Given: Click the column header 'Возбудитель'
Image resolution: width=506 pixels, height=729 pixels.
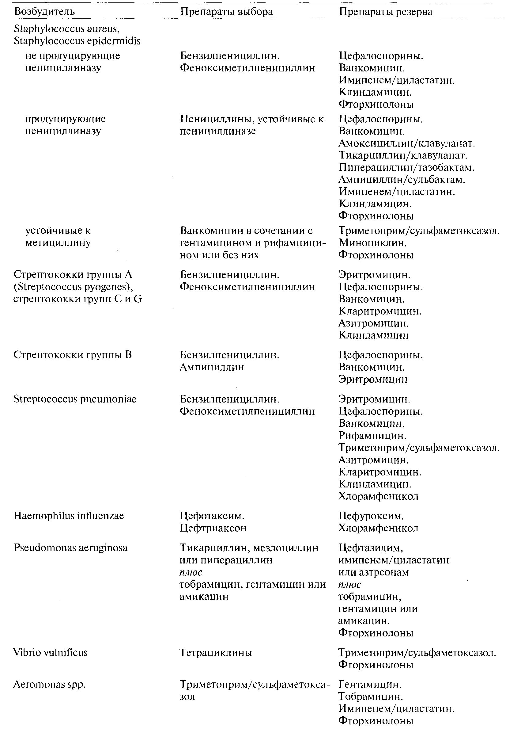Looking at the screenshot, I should [x=44, y=12].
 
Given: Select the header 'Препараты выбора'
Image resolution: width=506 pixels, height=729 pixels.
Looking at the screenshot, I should [x=226, y=12].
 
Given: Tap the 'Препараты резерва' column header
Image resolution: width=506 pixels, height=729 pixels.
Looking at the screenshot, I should [x=385, y=12].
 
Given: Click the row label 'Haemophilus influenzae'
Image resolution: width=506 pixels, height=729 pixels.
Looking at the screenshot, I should [x=69, y=516].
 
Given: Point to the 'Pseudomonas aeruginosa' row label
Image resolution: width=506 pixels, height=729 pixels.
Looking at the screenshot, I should [x=70, y=548].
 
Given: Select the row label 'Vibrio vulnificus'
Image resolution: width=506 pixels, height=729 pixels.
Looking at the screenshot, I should [x=51, y=653].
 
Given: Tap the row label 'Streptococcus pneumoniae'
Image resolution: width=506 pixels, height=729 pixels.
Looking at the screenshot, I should [x=75, y=399].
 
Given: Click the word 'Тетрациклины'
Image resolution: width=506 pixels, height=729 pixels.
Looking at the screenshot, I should [x=216, y=653].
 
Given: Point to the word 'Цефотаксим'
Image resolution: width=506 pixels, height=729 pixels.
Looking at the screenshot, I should [x=211, y=516].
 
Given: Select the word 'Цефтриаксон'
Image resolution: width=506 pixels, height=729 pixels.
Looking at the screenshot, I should [x=213, y=528].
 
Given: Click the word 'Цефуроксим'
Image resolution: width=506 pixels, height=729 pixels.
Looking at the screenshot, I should [x=370, y=516].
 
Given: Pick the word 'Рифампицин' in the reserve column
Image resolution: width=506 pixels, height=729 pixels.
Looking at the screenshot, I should [x=372, y=436].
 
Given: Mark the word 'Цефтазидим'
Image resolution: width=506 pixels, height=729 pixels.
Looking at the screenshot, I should [x=370, y=548].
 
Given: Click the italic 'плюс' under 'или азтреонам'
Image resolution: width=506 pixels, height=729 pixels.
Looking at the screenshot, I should [x=349, y=584].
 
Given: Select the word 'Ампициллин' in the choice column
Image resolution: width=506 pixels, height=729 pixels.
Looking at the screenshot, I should [x=212, y=367].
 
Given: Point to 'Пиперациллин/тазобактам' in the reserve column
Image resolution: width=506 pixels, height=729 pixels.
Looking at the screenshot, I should [x=406, y=167].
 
